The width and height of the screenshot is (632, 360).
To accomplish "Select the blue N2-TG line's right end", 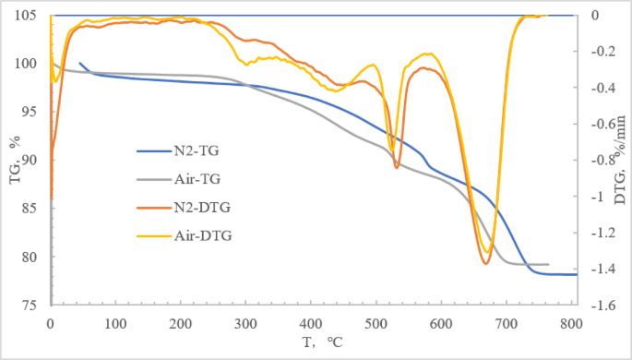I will (576, 274).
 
